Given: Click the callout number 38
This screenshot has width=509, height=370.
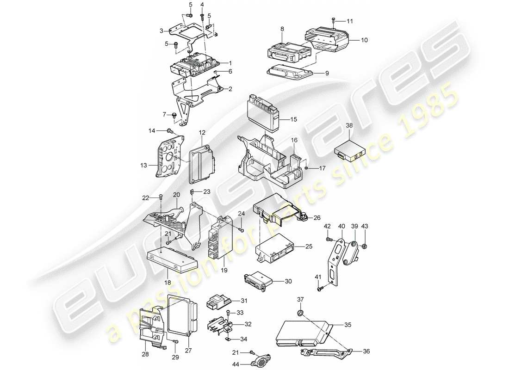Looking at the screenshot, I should (348, 125).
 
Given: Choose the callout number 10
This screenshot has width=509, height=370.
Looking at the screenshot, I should (364, 40).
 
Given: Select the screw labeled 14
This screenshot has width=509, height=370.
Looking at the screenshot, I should (169, 132).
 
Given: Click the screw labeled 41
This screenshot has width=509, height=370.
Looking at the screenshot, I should (320, 289).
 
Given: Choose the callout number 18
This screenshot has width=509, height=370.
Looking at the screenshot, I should (168, 282).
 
